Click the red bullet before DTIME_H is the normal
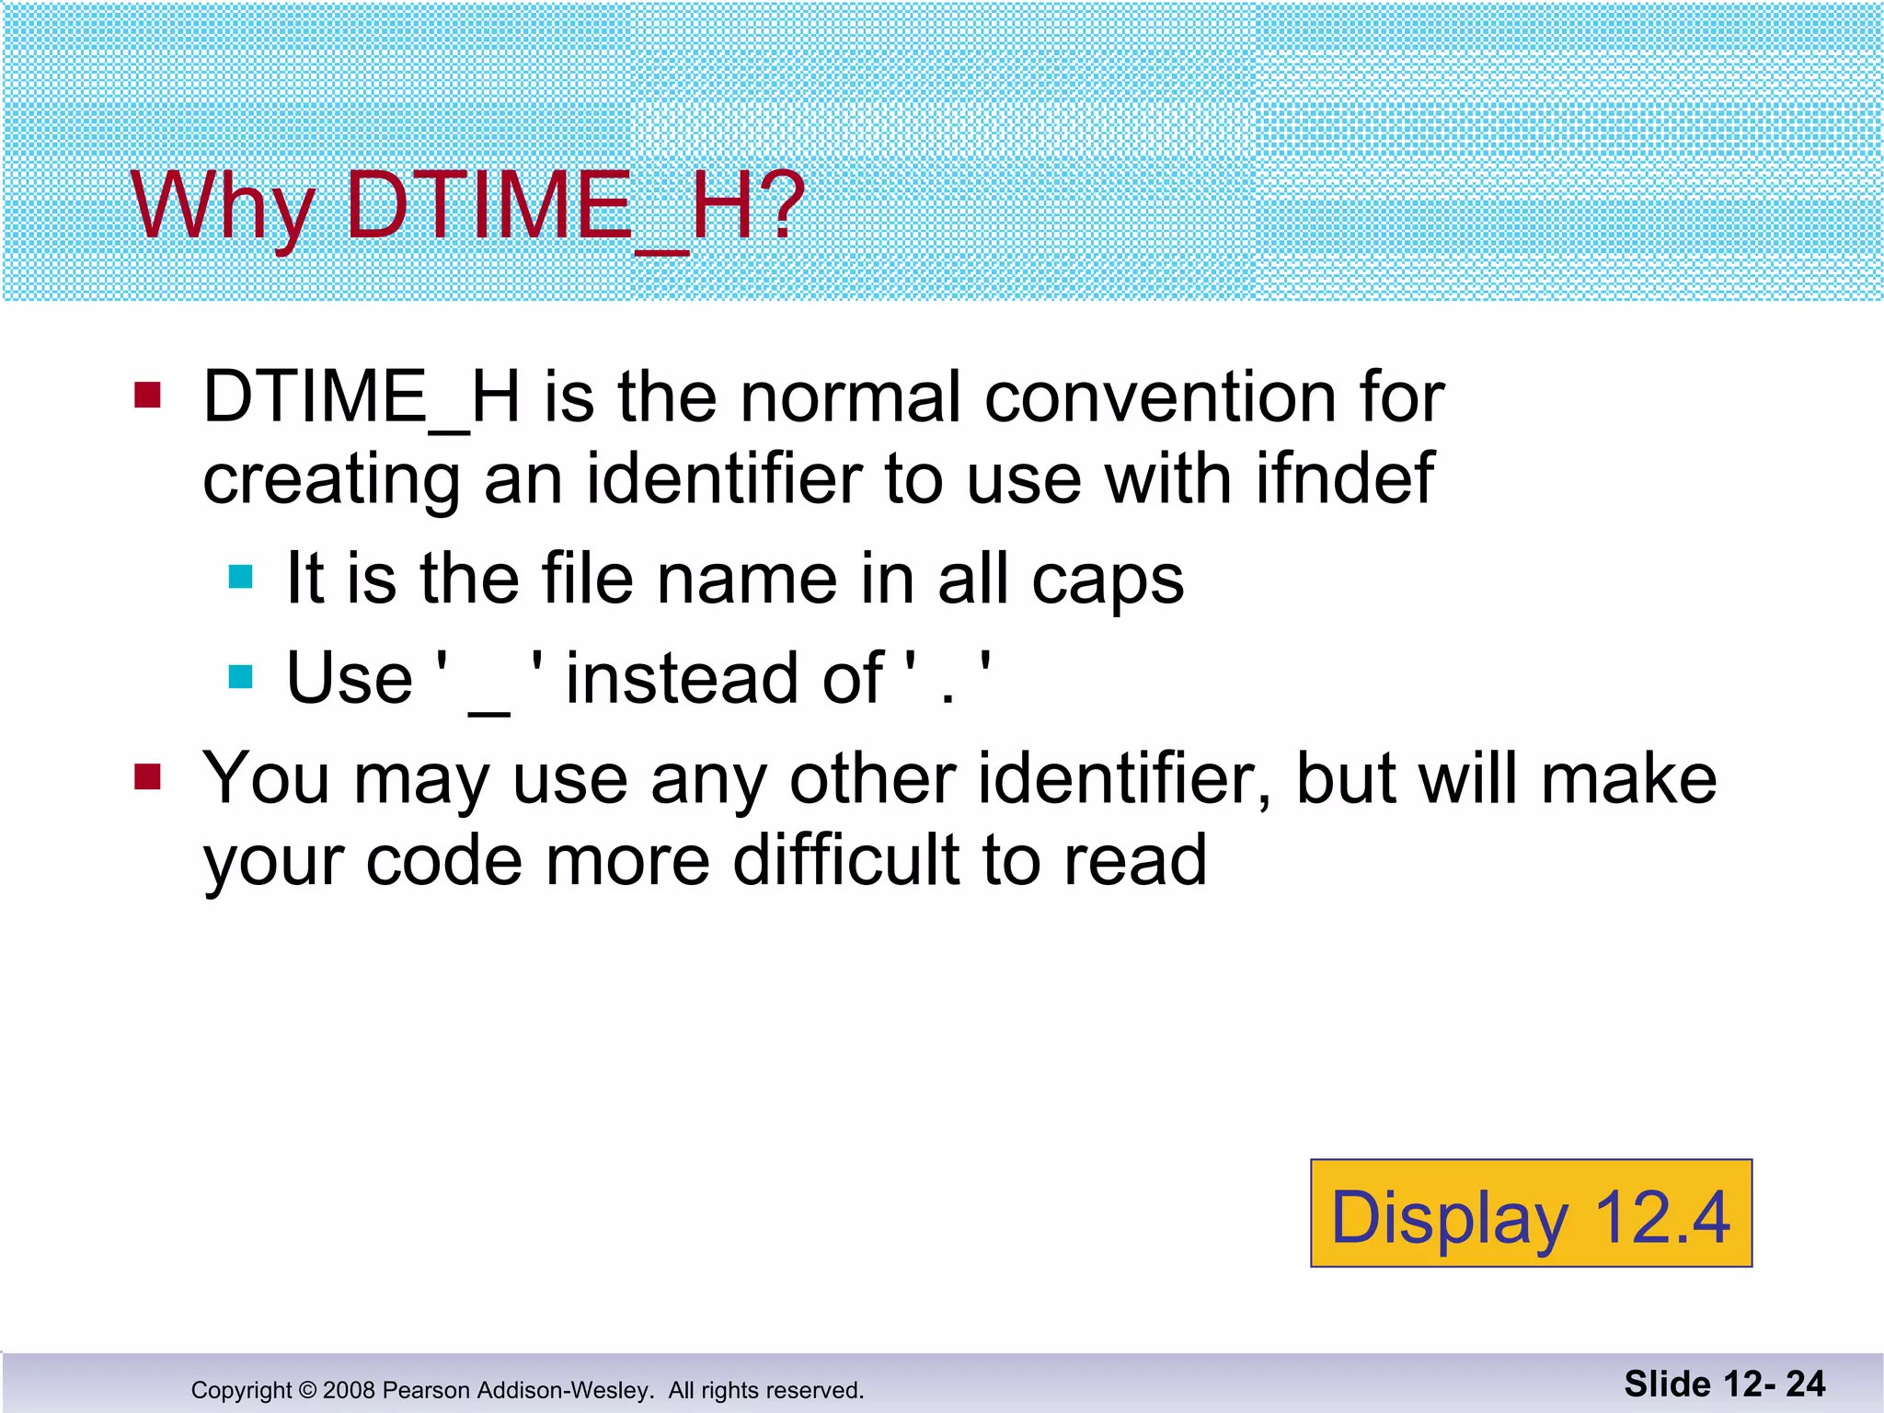tap(147, 396)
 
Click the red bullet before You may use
tap(147, 777)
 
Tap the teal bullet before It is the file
tap(241, 577)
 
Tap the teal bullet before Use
tap(241, 677)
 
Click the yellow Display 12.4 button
tap(1531, 1213)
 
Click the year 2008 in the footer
tap(350, 1390)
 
